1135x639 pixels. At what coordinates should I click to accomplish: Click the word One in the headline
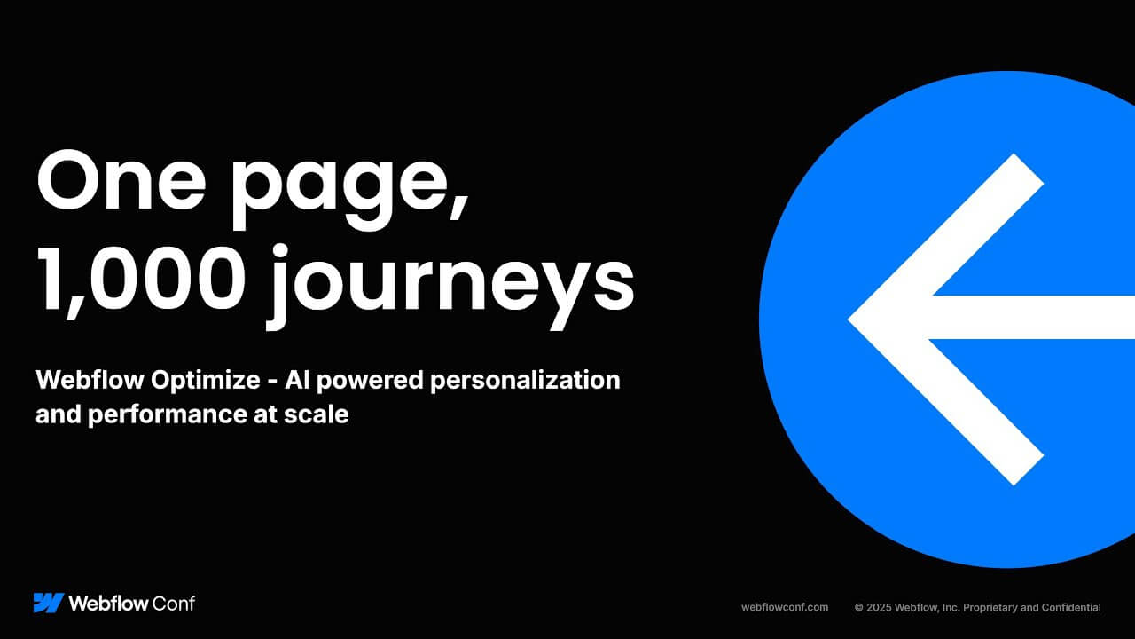coord(121,180)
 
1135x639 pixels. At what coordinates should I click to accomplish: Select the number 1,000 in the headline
coord(139,281)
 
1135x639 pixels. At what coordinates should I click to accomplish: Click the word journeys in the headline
coord(451,287)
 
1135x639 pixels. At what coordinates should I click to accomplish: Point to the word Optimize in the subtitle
coord(205,381)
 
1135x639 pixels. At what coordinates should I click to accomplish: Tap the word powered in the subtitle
coord(370,382)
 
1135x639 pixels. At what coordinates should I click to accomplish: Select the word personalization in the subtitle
coord(526,381)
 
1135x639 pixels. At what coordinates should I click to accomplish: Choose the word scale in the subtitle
coord(317,414)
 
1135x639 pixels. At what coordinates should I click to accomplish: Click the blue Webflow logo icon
coord(49,603)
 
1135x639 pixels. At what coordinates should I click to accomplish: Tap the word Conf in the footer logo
coord(174,603)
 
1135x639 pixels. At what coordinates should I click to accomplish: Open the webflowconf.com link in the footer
coord(785,607)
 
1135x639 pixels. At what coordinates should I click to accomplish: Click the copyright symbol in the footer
coord(859,608)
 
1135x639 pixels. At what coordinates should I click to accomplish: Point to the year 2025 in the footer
coord(879,608)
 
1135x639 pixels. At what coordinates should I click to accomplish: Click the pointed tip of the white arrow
coord(849,319)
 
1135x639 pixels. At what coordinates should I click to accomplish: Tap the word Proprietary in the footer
coord(990,608)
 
